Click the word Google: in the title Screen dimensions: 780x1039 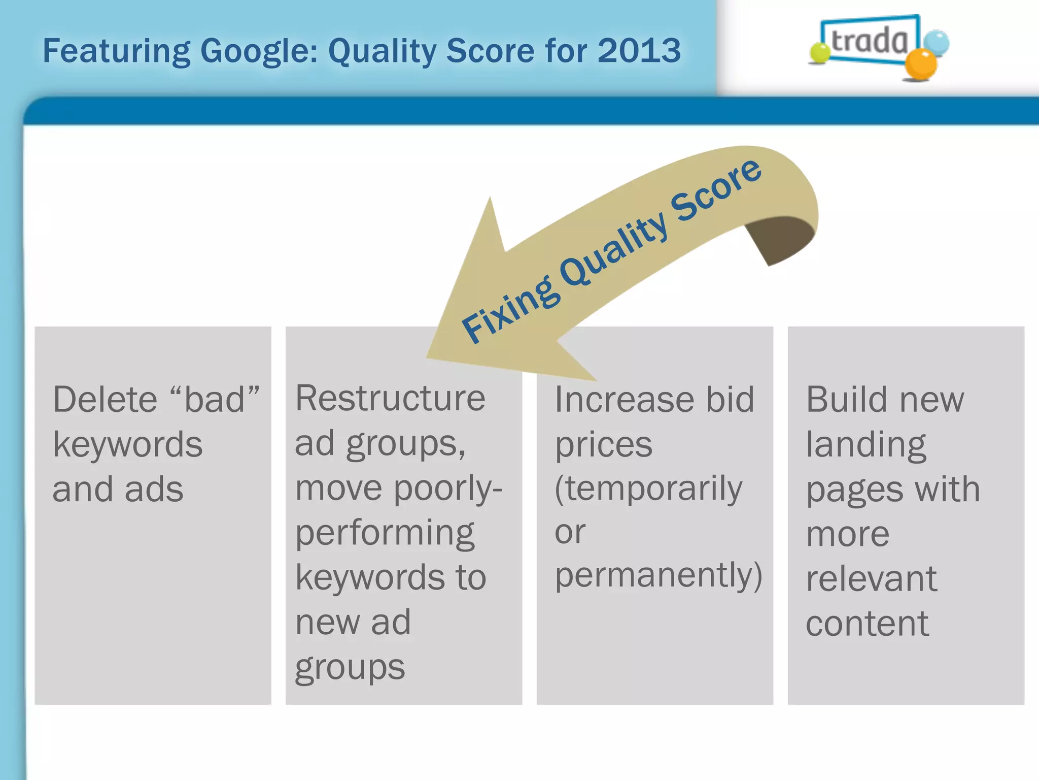point(259,52)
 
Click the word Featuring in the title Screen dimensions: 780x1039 point(116,52)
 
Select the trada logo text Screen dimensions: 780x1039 point(870,41)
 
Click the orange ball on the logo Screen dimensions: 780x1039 point(920,64)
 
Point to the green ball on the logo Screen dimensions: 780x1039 point(819,53)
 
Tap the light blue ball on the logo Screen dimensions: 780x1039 point(936,43)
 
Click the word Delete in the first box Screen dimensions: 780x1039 point(105,400)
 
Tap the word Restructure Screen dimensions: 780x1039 point(390,398)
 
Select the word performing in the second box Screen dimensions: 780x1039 point(385,533)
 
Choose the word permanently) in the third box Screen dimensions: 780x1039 point(658,576)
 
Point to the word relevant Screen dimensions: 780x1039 point(871,579)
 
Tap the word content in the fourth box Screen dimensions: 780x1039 point(867,624)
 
